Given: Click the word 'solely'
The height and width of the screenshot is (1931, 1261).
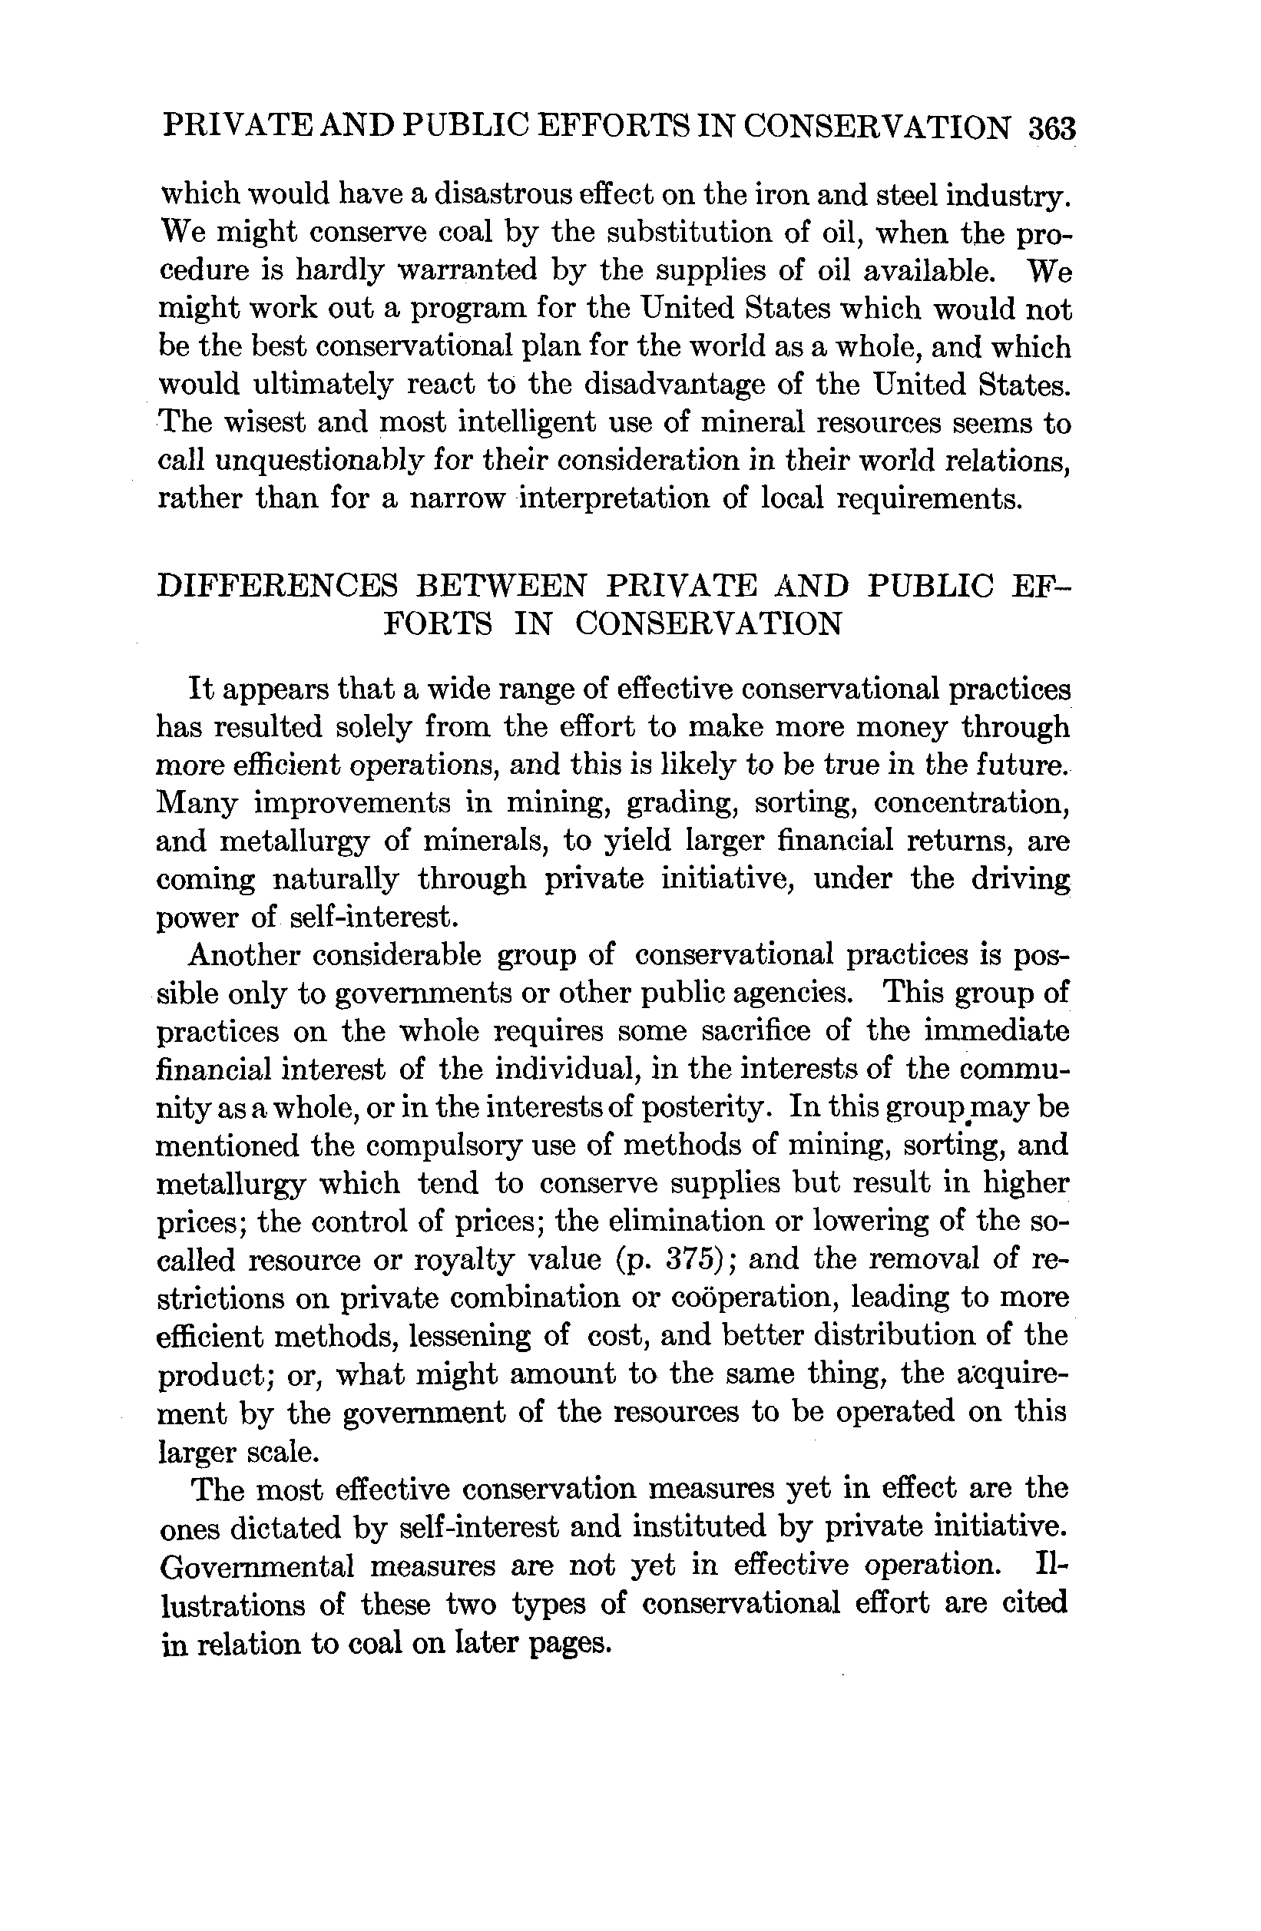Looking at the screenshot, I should (374, 727).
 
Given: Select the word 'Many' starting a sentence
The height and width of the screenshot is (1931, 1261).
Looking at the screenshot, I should (197, 803).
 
